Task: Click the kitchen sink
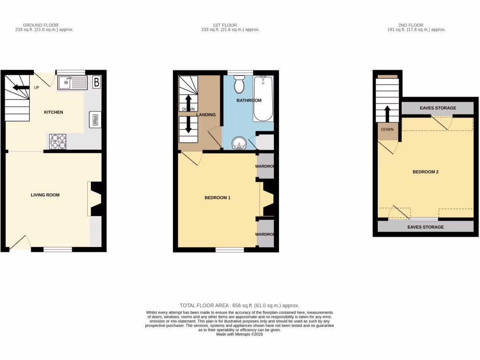coord(72,83)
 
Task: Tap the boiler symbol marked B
coord(97,82)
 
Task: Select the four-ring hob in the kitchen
coord(58,142)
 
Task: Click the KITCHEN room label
coord(53,112)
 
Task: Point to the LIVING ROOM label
coord(45,195)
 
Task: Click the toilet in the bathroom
coord(240,84)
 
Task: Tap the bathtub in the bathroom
coord(262,99)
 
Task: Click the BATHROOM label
coord(249,101)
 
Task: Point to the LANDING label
coord(206,115)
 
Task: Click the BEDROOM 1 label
coord(217,198)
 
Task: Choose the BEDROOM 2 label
coord(425,172)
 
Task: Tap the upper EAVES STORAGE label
coord(438,108)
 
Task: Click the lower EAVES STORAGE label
coord(425,227)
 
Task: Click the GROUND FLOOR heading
coord(41,25)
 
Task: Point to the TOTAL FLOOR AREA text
coord(240,306)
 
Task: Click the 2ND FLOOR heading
coord(411,25)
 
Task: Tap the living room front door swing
coord(19,242)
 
